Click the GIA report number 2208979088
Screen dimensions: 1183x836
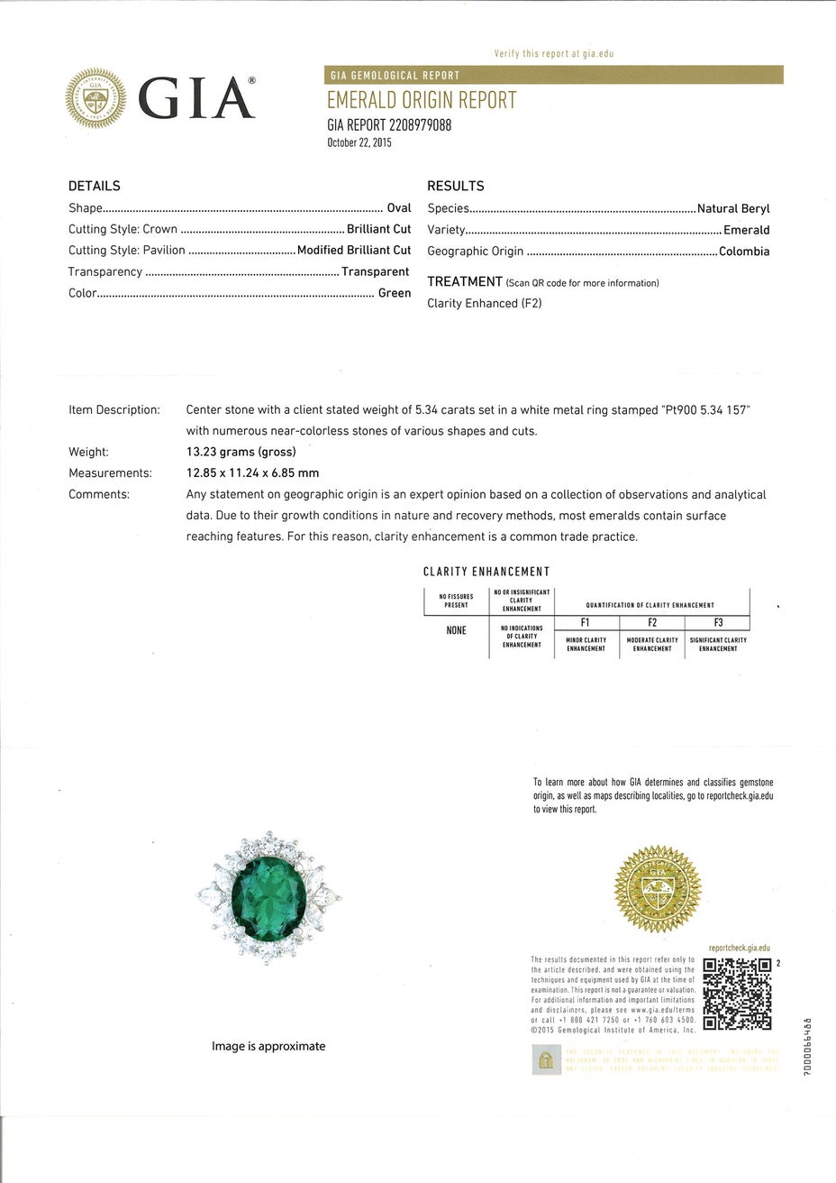point(388,125)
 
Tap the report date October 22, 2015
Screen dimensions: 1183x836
point(359,142)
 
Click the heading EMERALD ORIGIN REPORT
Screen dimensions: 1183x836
point(421,100)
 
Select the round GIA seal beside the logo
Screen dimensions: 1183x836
point(95,99)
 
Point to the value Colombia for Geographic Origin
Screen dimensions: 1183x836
point(744,252)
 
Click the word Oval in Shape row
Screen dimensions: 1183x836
point(398,208)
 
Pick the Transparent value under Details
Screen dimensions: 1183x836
point(375,271)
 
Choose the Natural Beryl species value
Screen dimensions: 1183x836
point(733,208)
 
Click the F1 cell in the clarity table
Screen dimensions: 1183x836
point(586,623)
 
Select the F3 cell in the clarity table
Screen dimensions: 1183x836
point(717,623)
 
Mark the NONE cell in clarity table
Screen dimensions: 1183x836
point(456,630)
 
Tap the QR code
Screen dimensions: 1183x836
point(737,994)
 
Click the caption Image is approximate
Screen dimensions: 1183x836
point(268,1046)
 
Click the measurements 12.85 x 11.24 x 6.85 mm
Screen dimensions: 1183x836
point(252,472)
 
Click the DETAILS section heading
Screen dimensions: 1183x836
point(94,186)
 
